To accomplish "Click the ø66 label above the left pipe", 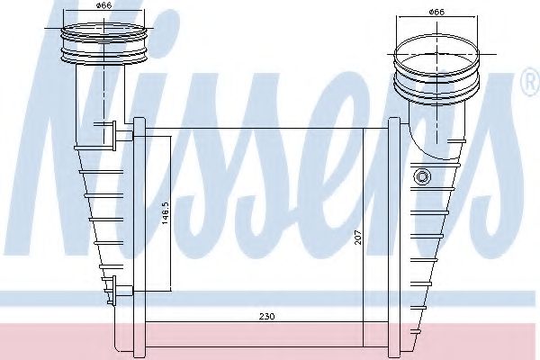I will point(105,9).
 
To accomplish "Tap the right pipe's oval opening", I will point(436,64).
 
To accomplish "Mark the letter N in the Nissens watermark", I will point(90,153).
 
